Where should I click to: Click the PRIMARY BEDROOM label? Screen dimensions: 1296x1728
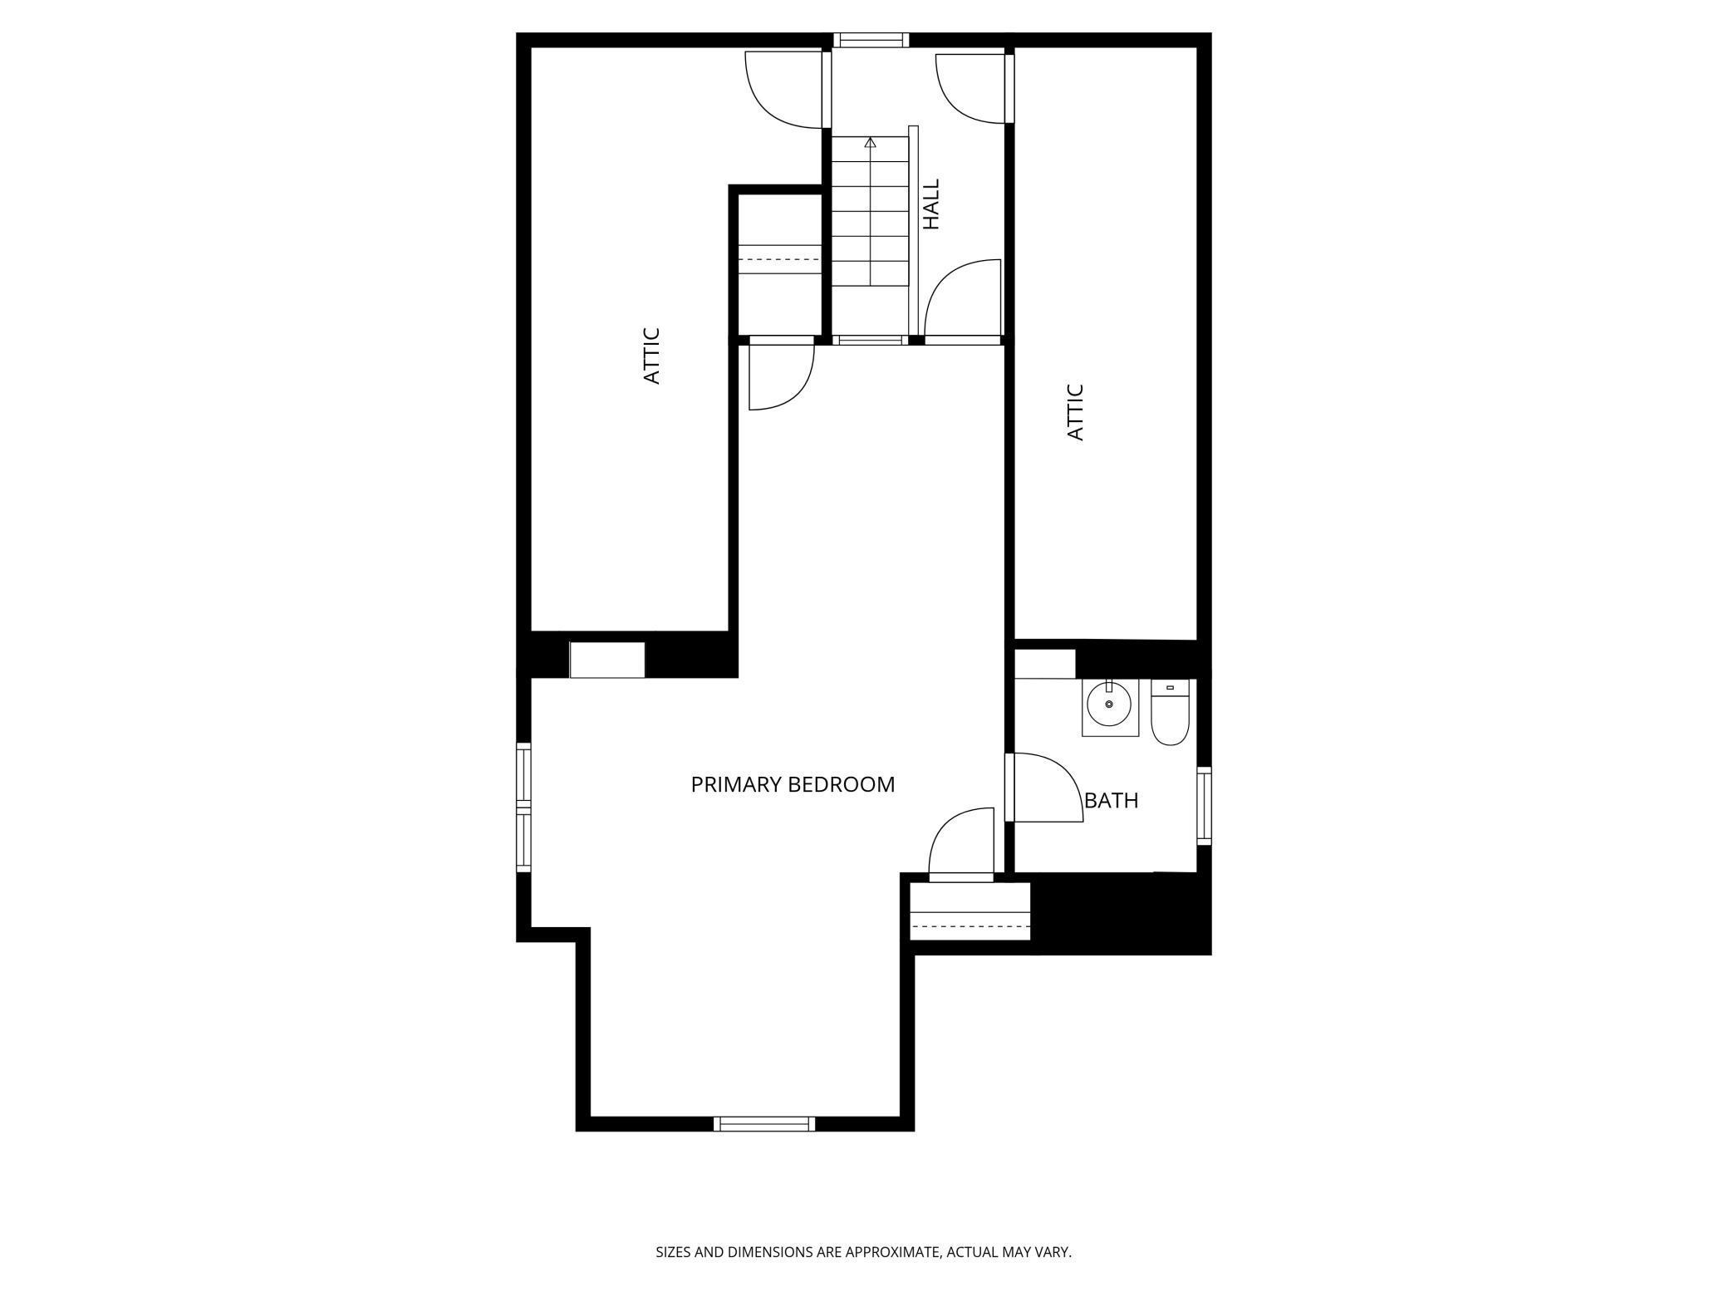click(793, 784)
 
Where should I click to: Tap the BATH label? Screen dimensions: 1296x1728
click(1111, 801)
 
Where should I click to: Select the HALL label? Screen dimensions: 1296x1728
click(932, 204)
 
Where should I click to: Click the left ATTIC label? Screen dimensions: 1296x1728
click(652, 356)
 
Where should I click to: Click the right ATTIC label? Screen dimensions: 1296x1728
click(1075, 412)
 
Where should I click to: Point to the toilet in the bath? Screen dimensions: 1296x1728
click(1170, 713)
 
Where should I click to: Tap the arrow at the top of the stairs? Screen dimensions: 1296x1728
click(870, 143)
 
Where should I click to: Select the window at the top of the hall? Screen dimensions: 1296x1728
click(871, 40)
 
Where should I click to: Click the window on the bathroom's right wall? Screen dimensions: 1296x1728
click(1204, 806)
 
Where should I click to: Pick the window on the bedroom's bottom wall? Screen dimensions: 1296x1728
click(764, 1124)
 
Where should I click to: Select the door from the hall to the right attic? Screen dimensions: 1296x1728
click(972, 87)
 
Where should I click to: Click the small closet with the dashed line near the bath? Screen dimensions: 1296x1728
click(970, 912)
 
